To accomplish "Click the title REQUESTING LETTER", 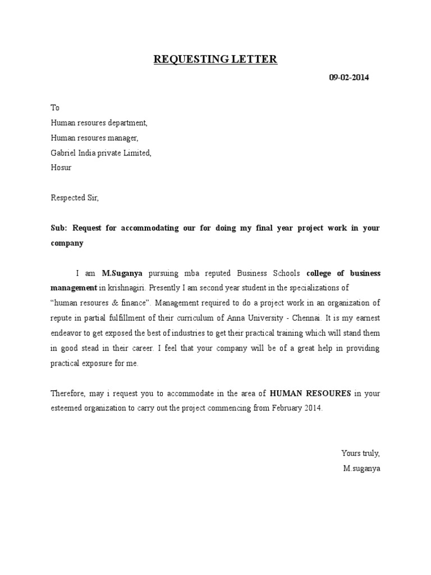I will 215,60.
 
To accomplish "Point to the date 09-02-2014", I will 349,77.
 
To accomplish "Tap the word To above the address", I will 55,107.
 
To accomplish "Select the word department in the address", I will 127,122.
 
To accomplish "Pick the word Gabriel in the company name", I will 63,153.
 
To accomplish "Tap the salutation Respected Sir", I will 75,198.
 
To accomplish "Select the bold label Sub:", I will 59,228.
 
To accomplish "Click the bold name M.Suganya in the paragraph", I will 122,273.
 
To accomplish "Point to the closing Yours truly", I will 361,453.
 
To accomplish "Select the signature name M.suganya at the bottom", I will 361,468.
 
